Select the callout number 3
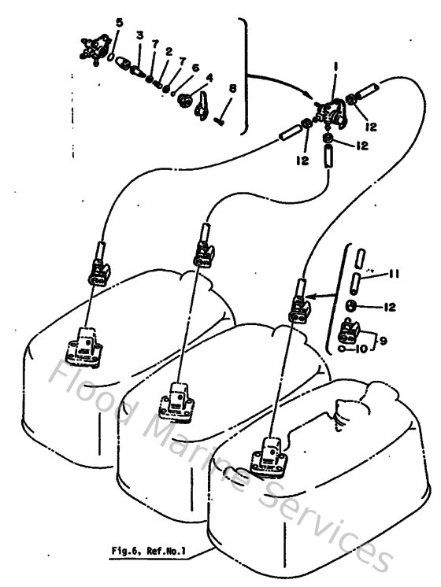click(x=139, y=36)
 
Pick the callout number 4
click(x=209, y=78)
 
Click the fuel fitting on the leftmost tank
click(x=82, y=347)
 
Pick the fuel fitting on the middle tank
click(x=176, y=401)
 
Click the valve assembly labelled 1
click(x=335, y=113)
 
